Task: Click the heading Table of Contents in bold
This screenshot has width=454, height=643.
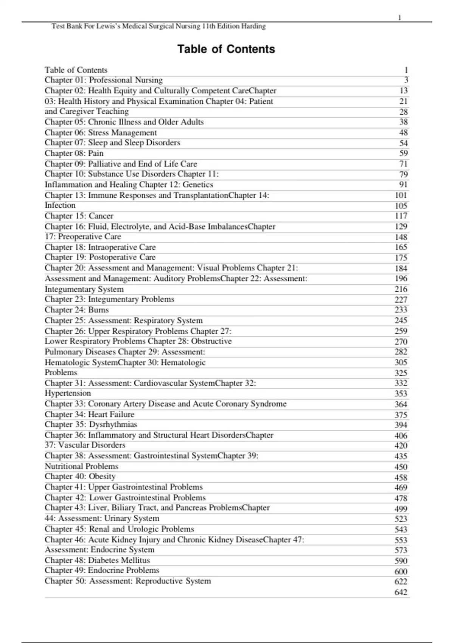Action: point(226,49)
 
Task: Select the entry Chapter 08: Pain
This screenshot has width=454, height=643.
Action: point(74,153)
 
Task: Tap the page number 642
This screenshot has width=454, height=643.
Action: point(401,592)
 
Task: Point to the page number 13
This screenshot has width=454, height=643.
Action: point(404,91)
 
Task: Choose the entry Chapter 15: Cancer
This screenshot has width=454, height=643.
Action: point(79,216)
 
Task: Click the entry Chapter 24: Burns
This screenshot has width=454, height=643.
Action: point(77,310)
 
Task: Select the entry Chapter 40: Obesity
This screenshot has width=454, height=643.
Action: point(80,477)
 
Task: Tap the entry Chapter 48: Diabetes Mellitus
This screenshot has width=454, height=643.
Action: point(97,560)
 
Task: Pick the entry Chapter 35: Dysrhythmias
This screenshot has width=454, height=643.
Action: point(91,424)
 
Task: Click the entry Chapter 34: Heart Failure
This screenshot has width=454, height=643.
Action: point(90,414)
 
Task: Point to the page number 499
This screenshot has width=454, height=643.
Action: point(401,508)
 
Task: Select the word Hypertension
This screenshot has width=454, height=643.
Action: point(68,393)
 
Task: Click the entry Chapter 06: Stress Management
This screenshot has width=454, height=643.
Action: point(101,133)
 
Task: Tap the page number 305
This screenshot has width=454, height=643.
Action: point(401,362)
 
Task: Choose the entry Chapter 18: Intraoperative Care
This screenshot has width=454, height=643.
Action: point(100,247)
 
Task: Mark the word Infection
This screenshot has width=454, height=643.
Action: point(60,205)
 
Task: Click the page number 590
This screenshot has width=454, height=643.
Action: point(401,561)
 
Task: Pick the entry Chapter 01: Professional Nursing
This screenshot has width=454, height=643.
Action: point(104,80)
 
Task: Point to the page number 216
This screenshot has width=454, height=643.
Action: point(401,289)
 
